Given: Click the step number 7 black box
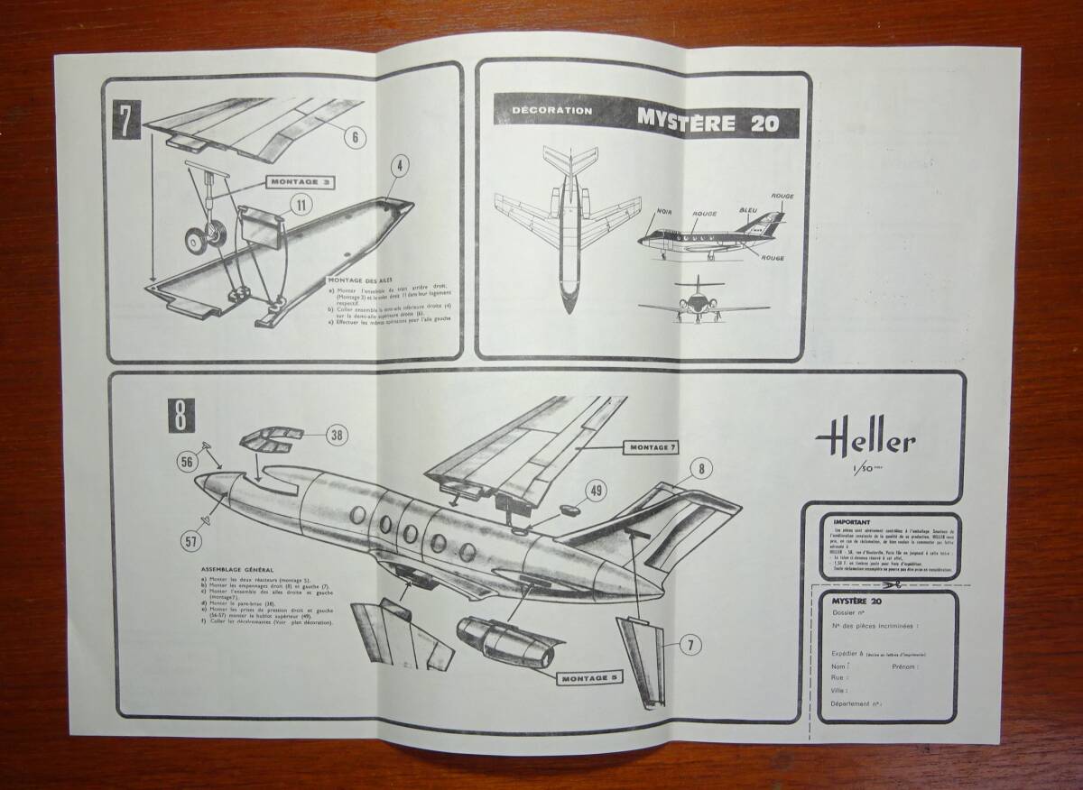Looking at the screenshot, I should (127, 122).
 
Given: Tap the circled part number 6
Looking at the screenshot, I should (355, 137).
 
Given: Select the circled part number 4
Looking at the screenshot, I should (400, 167).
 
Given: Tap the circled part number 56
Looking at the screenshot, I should (187, 462).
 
